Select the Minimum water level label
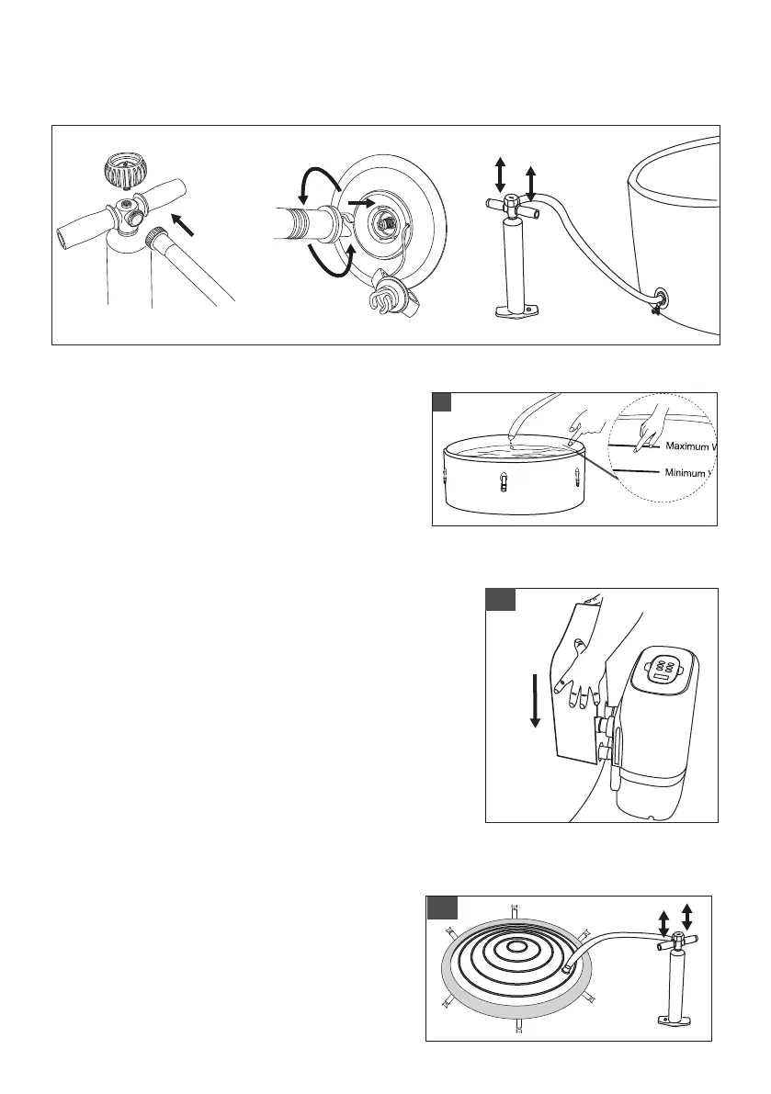coord(684,473)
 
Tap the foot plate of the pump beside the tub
coord(514,312)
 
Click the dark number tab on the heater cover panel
coord(500,599)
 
